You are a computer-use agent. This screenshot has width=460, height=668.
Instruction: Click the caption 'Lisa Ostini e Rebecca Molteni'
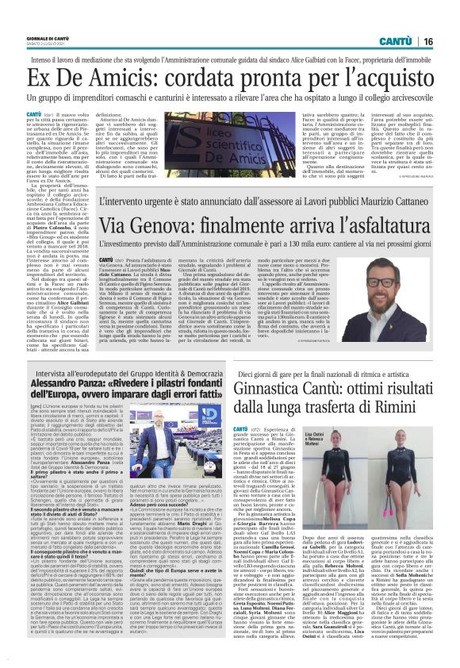point(316,440)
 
